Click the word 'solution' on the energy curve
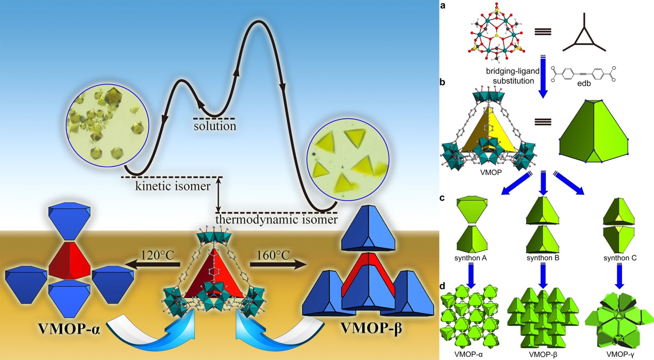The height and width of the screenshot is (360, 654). (214, 125)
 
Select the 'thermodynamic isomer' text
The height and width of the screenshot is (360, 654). (277, 220)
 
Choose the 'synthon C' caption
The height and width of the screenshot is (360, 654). (619, 256)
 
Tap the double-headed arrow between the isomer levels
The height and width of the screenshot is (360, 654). (220, 194)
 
